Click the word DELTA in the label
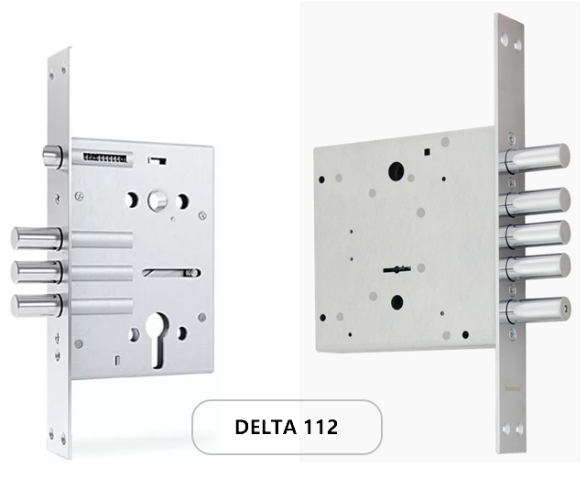tap(264, 427)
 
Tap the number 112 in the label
tap(320, 427)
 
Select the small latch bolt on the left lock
tap(52, 157)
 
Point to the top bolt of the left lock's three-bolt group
tap(37, 238)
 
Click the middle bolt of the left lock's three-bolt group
tap(37, 272)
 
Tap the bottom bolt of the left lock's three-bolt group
tap(37, 306)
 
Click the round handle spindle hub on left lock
tap(157, 201)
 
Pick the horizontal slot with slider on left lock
tap(172, 273)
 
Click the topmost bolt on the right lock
tap(535, 158)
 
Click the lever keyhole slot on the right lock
tap(396, 269)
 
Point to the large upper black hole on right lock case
tap(396, 171)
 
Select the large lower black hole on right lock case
tap(396, 302)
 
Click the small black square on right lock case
tap(428, 151)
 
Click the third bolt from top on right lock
tap(535, 234)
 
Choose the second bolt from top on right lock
tap(535, 201)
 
